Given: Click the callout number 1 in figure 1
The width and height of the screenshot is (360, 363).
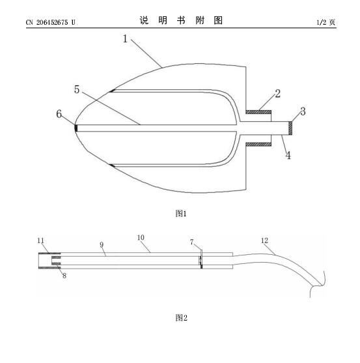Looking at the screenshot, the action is click(x=125, y=38).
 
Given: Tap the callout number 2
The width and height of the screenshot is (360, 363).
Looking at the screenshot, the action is click(x=278, y=93).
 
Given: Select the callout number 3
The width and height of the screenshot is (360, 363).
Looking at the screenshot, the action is click(x=303, y=111).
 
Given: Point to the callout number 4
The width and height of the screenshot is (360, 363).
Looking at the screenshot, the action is click(x=288, y=155).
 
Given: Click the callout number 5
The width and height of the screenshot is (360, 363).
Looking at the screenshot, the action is click(x=77, y=89).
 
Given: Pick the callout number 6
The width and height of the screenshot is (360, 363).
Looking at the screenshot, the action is click(x=59, y=114).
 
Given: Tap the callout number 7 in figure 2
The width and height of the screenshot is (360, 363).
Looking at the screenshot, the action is click(x=191, y=242).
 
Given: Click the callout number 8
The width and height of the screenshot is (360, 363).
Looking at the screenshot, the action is click(x=64, y=276).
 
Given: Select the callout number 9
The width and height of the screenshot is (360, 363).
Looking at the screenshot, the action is click(x=102, y=244).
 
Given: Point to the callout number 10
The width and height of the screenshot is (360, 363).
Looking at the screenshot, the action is click(x=141, y=237).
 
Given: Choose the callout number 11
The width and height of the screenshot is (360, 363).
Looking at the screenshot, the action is click(x=41, y=240).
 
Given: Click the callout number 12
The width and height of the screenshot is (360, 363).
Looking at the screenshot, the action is click(x=264, y=240).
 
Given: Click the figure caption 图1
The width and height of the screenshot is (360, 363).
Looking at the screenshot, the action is click(x=181, y=214).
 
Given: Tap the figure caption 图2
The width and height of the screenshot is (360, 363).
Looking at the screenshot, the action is click(x=181, y=317).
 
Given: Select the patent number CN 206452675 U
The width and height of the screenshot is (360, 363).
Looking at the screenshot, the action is click(x=50, y=22).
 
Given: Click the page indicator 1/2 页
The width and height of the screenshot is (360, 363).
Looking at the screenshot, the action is click(x=325, y=22).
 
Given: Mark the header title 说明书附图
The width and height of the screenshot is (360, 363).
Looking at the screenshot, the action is click(x=181, y=20).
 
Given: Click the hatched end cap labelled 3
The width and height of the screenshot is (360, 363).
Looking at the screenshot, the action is click(x=290, y=128).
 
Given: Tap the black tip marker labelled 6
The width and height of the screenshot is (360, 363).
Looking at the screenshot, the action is click(x=76, y=128).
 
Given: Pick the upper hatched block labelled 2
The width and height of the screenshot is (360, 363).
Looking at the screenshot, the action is click(x=258, y=112).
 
